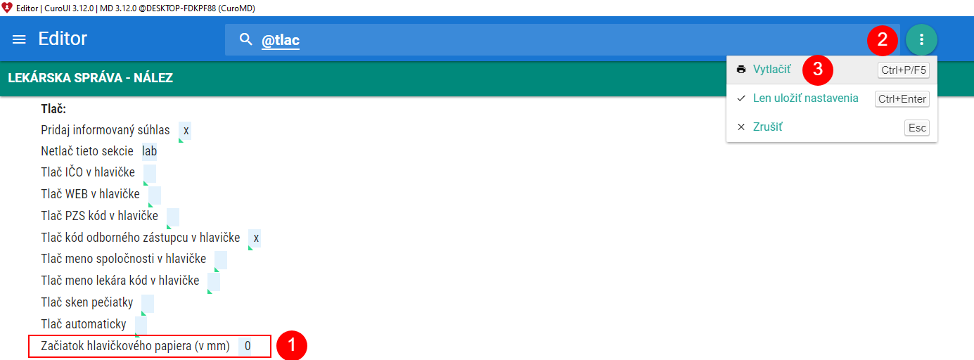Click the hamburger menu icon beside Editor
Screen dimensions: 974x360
pyautogui.click(x=20, y=39)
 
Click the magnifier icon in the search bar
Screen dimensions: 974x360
pyautogui.click(x=245, y=39)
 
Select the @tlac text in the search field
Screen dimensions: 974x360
pyautogui.click(x=281, y=41)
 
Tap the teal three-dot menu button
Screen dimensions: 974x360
pyautogui.click(x=921, y=39)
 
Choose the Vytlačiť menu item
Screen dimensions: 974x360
pyautogui.click(x=771, y=70)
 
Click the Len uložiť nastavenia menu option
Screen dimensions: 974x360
pyautogui.click(x=805, y=98)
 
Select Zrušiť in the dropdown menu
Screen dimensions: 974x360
pyautogui.click(x=767, y=127)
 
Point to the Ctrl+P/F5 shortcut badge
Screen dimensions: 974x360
pyautogui.click(x=904, y=70)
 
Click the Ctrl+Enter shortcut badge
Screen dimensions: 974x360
pyautogui.click(x=902, y=99)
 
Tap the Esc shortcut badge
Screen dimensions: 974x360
pyautogui.click(x=917, y=128)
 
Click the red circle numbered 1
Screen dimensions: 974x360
pyautogui.click(x=291, y=346)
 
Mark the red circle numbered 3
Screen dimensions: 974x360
pyautogui.click(x=818, y=70)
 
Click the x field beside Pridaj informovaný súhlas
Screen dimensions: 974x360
pyautogui.click(x=185, y=131)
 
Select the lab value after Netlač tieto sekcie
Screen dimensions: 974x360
pyautogui.click(x=149, y=150)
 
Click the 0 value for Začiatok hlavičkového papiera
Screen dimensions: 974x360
pyautogui.click(x=247, y=346)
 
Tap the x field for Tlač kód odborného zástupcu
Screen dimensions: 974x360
pyautogui.click(x=256, y=238)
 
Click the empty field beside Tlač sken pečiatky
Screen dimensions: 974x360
pyautogui.click(x=147, y=303)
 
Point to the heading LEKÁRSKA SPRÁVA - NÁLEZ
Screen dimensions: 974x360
pyautogui.click(x=90, y=78)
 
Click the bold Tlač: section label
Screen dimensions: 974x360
pyautogui.click(x=53, y=109)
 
